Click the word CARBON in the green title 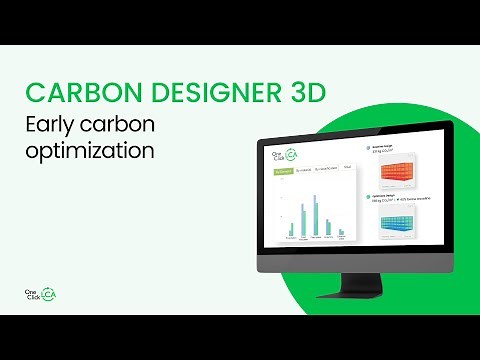pos(75,93)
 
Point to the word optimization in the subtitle pos(90,153)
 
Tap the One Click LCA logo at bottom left pos(39,295)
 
